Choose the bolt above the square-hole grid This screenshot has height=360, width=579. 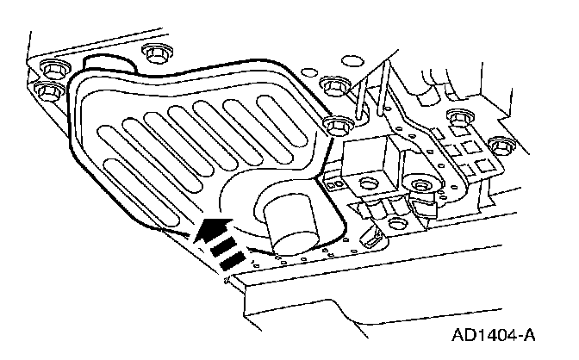click(x=455, y=118)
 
